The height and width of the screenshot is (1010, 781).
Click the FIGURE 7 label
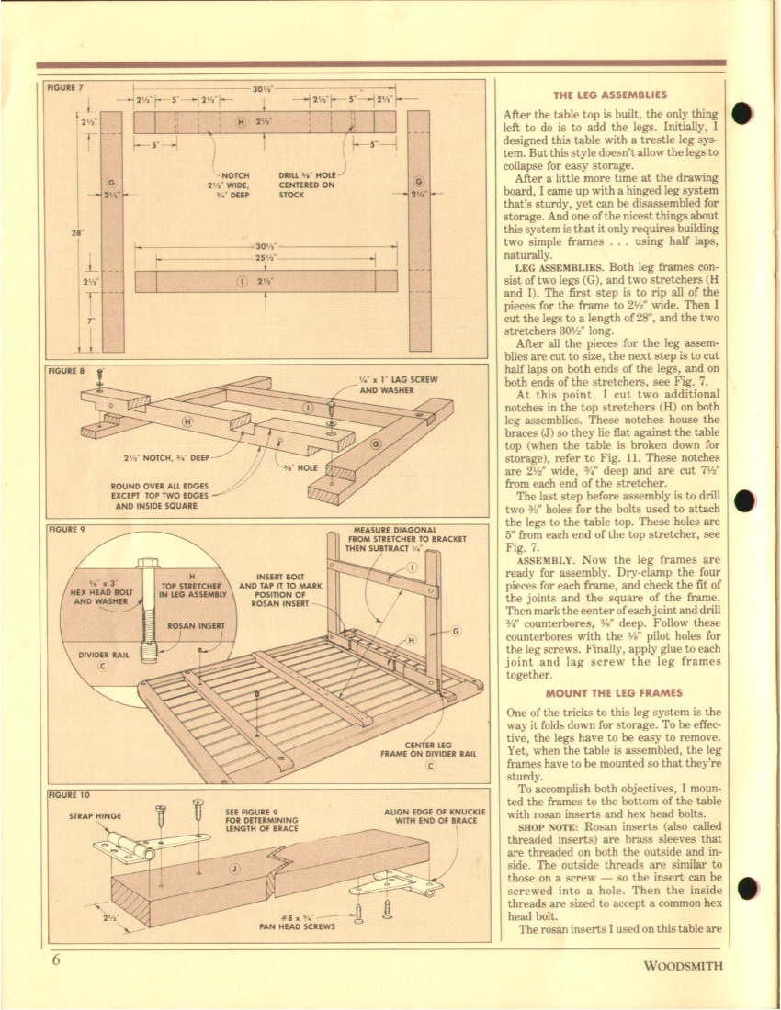tap(64, 88)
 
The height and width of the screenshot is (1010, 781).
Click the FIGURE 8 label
tap(64, 371)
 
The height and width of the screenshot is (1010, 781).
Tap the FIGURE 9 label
tap(64, 530)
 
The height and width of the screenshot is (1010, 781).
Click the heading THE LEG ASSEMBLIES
tap(610, 95)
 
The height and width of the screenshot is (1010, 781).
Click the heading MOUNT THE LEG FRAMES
tap(610, 692)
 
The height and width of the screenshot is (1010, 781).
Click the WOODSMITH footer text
tap(683, 965)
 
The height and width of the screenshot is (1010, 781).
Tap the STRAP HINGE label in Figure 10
tap(96, 814)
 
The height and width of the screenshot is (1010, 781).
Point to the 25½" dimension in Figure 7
tap(265, 260)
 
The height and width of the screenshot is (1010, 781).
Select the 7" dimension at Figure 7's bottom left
tap(90, 321)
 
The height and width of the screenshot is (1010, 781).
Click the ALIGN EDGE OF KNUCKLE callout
tap(434, 815)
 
